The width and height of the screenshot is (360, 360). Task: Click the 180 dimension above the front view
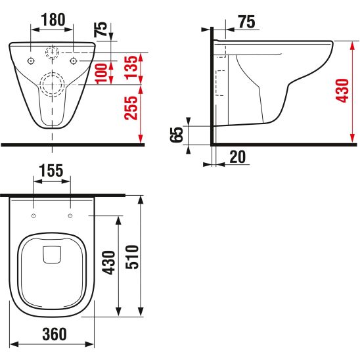tap(53, 20)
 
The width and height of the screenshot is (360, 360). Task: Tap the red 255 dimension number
tap(131, 108)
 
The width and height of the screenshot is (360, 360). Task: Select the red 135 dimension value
tap(131, 67)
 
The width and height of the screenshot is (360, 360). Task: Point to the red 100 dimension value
tap(101, 73)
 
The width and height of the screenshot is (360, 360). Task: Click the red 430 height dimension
tap(342, 91)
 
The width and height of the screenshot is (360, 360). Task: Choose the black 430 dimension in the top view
tap(108, 263)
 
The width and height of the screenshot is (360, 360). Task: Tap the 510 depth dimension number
tap(132, 257)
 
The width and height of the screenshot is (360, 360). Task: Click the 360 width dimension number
tap(55, 334)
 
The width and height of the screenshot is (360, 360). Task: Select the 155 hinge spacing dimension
tap(51, 171)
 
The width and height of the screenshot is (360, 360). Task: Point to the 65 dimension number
tap(176, 135)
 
